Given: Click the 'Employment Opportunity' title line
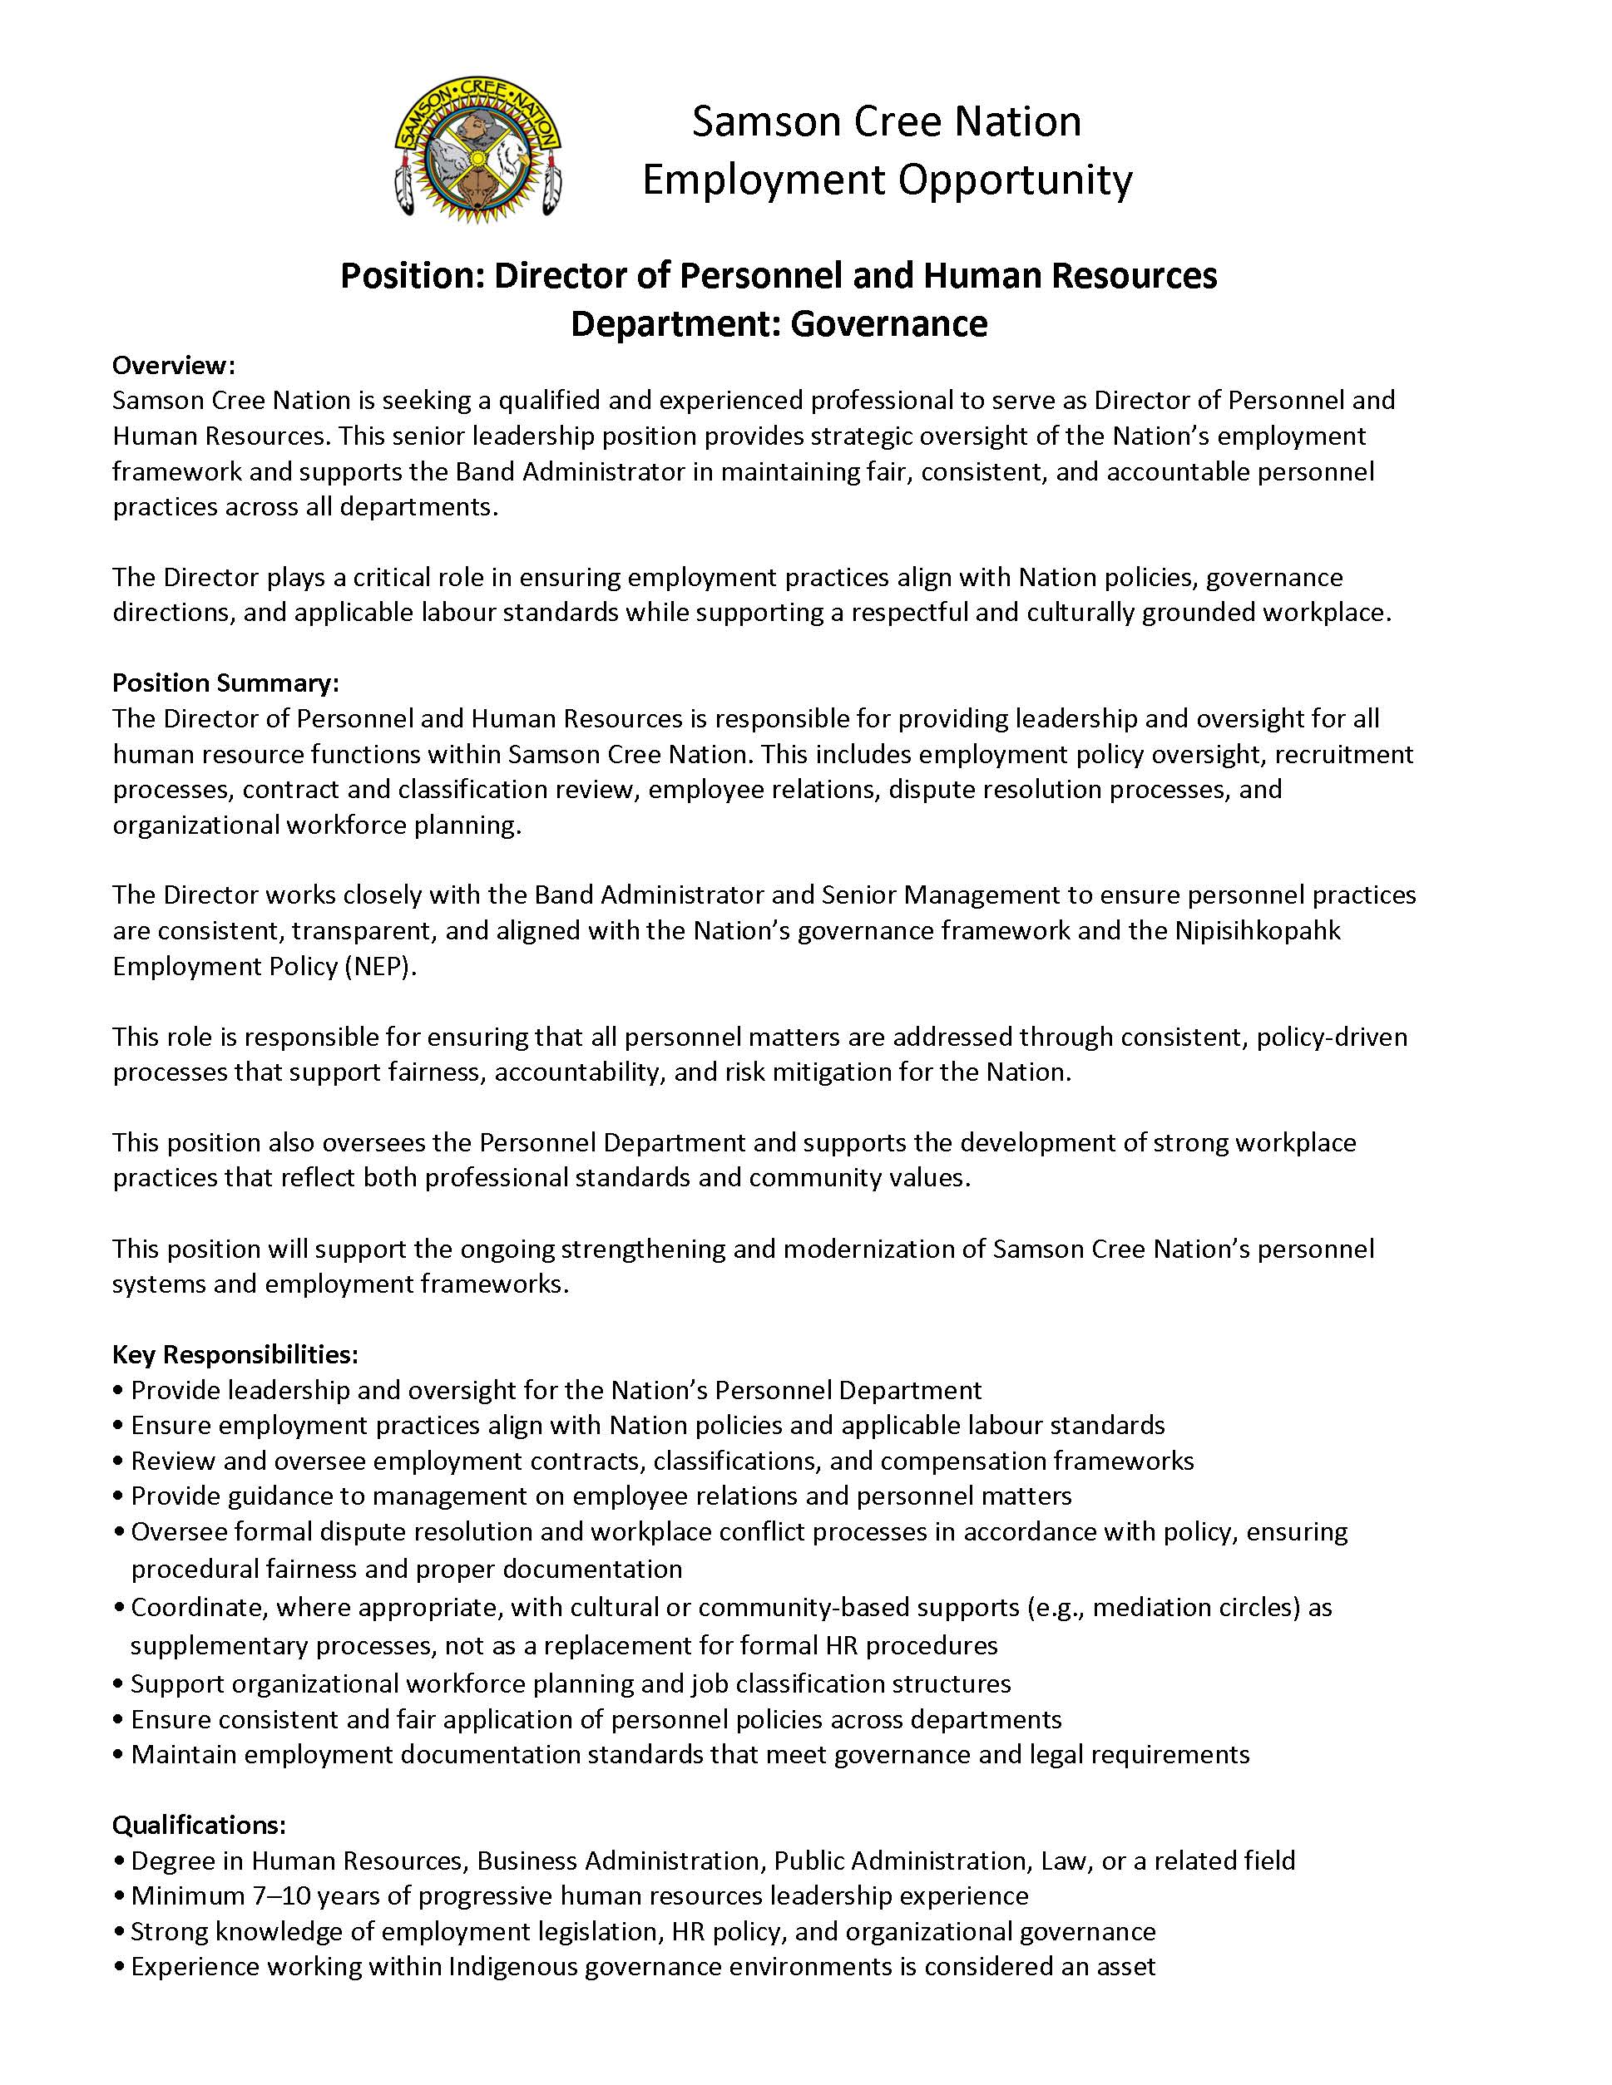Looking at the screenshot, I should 886,180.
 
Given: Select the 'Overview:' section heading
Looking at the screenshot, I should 173,366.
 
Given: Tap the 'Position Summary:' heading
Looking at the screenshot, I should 225,683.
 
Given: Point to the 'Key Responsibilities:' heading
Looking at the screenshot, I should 235,1355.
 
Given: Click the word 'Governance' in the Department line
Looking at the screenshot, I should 888,324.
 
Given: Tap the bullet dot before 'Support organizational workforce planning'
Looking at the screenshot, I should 118,1684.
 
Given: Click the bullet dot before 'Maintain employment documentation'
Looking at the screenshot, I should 118,1755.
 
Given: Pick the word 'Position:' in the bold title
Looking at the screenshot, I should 413,276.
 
